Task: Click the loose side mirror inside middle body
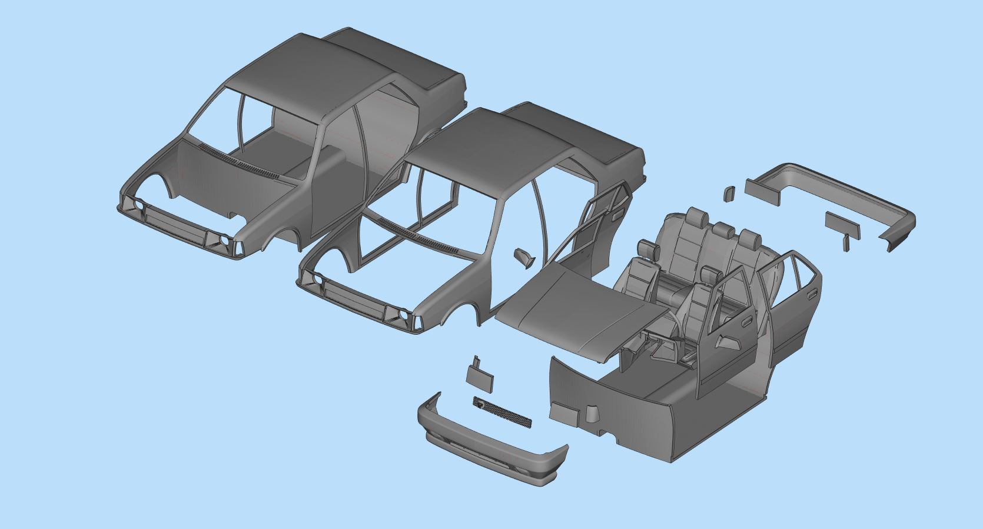(x=522, y=257)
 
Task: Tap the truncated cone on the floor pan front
(x=592, y=415)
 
